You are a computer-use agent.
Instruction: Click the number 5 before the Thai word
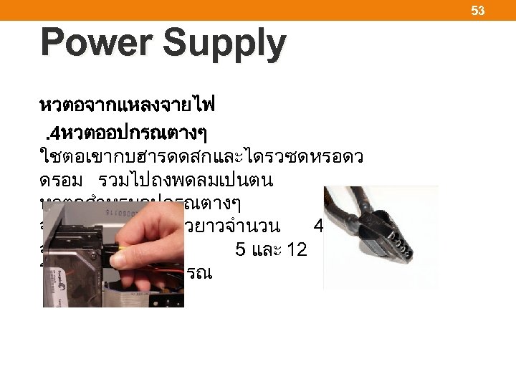(239, 250)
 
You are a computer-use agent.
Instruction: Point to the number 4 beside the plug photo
(319, 226)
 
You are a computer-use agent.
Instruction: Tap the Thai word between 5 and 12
(275, 250)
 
